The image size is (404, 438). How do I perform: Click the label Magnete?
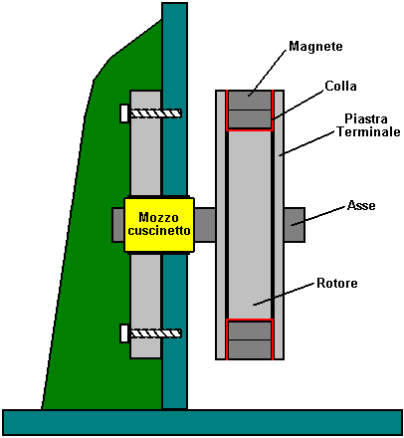[x=315, y=46]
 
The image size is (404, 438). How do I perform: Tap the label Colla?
[x=340, y=86]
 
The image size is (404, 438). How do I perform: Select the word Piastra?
[x=366, y=118]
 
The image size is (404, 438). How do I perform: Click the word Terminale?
[x=369, y=131]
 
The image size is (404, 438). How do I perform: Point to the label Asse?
[x=361, y=205]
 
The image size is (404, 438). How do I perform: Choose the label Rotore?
[x=337, y=283]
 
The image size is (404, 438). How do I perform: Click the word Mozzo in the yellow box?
[x=158, y=217]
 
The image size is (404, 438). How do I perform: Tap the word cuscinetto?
[x=159, y=230]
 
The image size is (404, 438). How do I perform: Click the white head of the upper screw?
[x=124, y=113]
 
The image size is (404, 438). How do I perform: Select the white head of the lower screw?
[x=124, y=333]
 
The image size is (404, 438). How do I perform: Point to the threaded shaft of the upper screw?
[x=155, y=113]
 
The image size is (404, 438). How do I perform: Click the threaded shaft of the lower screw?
[x=155, y=333]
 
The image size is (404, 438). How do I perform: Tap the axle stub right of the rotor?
[x=295, y=225]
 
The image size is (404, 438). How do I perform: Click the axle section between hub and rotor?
[x=205, y=225]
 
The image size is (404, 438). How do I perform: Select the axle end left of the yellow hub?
[x=118, y=225]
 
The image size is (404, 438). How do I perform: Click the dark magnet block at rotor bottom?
[x=250, y=339]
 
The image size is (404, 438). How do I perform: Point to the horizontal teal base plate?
[x=202, y=422]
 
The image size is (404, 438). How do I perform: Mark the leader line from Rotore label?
[x=284, y=294]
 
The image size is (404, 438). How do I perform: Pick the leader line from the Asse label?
[x=318, y=216]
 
